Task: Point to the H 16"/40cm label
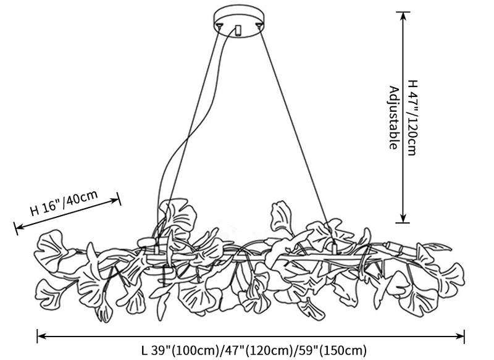[65, 203]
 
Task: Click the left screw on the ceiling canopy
[220, 25]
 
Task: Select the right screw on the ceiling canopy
[255, 25]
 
